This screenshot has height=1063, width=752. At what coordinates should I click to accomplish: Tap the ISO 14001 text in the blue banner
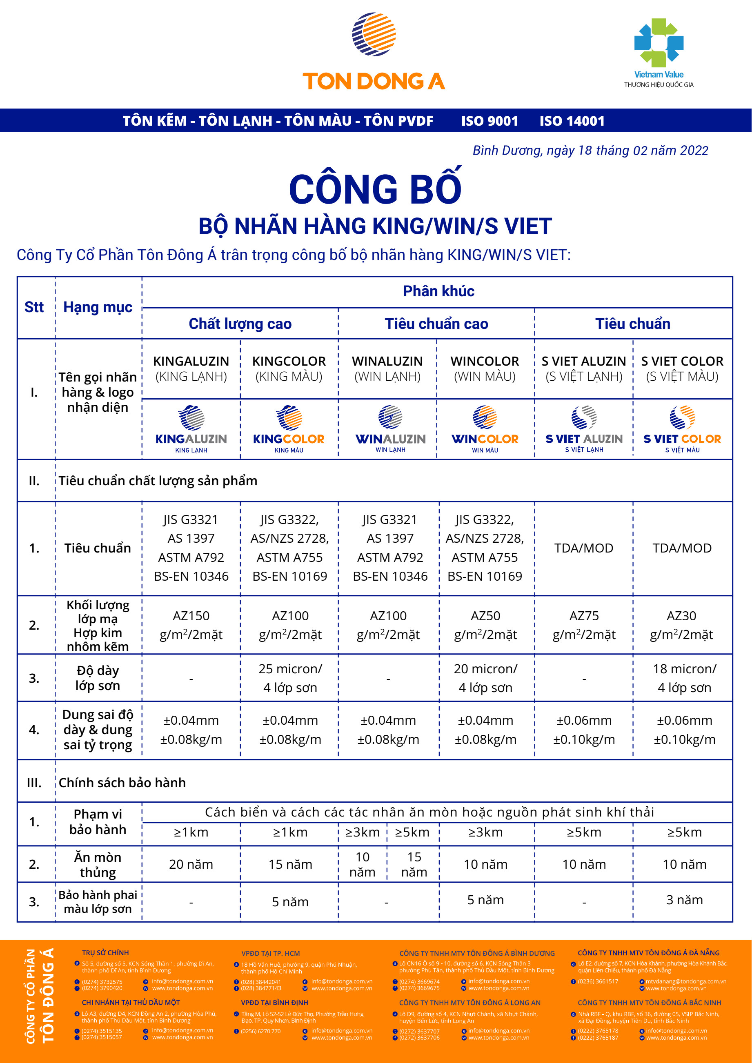click(x=572, y=121)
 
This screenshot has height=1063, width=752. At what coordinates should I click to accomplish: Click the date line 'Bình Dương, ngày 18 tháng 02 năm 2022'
click(x=590, y=151)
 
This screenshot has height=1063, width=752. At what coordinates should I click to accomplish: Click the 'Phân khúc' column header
click(x=438, y=291)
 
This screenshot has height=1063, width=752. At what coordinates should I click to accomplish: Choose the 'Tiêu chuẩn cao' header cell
click(x=436, y=324)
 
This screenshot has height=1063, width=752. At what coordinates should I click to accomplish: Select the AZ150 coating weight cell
click(x=191, y=625)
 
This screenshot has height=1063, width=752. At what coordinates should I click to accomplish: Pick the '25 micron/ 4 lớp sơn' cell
click(x=290, y=678)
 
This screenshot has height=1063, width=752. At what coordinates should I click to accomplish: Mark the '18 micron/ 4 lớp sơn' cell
click(x=684, y=678)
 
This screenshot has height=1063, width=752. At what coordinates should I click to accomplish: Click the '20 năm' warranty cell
click(x=191, y=864)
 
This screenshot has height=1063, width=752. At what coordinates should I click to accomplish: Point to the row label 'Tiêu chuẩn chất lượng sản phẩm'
click(x=158, y=481)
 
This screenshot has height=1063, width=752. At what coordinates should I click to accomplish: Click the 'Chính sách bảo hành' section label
click(x=122, y=782)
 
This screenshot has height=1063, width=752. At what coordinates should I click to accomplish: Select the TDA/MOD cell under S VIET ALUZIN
click(x=583, y=548)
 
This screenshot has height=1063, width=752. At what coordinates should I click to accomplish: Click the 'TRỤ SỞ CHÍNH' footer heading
click(x=106, y=952)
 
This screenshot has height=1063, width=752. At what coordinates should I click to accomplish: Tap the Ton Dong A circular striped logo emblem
click(x=374, y=34)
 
